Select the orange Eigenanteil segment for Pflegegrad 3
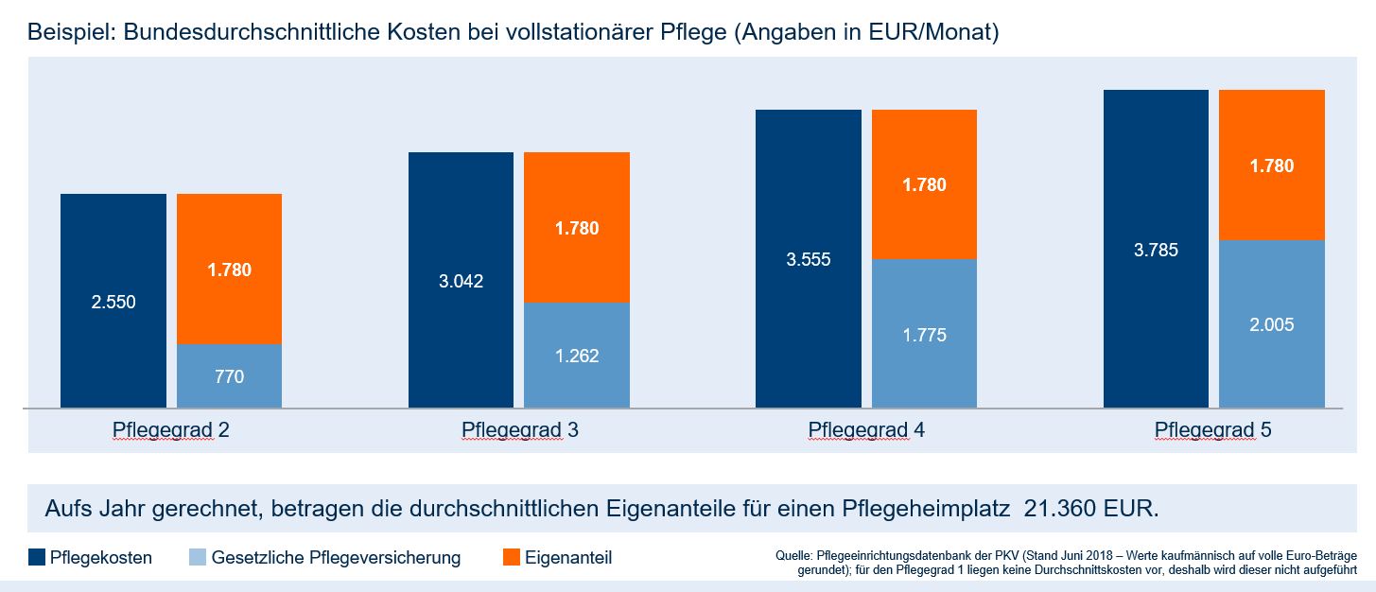pos(577,227)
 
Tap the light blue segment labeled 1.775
pos(924,334)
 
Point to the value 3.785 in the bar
pos(1156,251)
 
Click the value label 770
pos(229,376)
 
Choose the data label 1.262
pos(577,357)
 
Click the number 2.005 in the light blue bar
pos(1271,324)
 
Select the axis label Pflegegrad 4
pos(866,430)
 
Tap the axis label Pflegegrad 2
pos(171,430)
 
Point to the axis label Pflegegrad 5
pos(1213,430)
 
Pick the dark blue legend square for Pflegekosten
pos(37,557)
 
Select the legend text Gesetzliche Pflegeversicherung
pos(336,558)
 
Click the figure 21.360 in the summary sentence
pos(1064,508)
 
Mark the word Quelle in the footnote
pos(793,553)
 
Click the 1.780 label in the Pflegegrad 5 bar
pos(1271,165)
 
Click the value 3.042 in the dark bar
pos(461,281)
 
